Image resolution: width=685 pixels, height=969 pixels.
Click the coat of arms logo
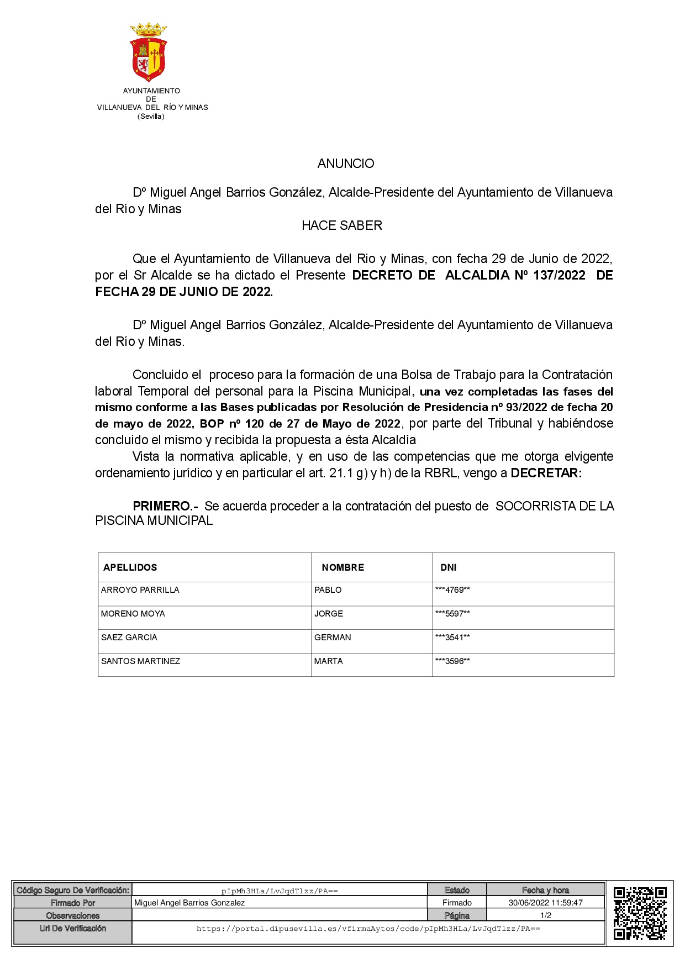[149, 52]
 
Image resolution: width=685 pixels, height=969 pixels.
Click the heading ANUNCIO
[346, 164]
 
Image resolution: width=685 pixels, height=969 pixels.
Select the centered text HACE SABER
[342, 225]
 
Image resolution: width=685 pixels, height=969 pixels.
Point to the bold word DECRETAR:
[546, 473]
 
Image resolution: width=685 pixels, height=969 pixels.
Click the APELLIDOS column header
[130, 567]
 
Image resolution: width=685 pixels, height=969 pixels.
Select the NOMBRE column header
[343, 567]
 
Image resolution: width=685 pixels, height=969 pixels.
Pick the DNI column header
[449, 567]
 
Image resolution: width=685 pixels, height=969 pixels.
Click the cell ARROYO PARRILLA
[140, 590]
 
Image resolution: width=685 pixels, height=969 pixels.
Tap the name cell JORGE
[329, 614]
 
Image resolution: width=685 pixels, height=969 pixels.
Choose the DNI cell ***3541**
[452, 638]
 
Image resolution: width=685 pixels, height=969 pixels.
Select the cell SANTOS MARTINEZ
[140, 661]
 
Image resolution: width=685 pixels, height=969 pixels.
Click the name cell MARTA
[329, 661]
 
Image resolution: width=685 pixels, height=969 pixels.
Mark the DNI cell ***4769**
[452, 590]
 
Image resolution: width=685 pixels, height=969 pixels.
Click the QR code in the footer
[640, 913]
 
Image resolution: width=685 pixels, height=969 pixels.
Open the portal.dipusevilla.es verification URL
[368, 929]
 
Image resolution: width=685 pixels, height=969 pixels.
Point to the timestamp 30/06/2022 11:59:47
[545, 903]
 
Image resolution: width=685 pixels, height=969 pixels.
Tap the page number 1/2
[546, 915]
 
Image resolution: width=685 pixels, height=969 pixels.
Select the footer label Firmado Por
[73, 903]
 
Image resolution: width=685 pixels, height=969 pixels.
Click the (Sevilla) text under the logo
[151, 117]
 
